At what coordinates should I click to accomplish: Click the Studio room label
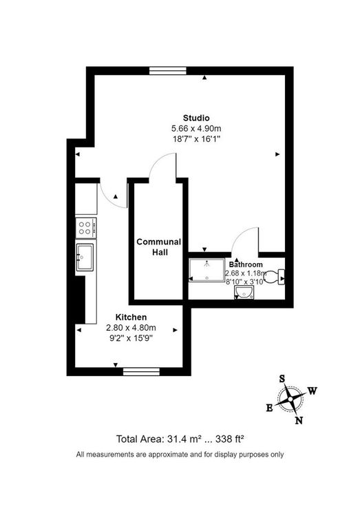click(195, 117)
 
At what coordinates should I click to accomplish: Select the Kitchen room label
click(131, 317)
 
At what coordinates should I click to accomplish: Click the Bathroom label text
click(246, 264)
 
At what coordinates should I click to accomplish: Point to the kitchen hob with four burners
click(87, 225)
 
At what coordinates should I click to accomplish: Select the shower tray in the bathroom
click(206, 271)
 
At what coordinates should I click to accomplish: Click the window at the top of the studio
click(167, 70)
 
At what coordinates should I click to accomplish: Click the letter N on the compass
click(299, 421)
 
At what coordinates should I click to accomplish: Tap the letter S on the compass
click(282, 378)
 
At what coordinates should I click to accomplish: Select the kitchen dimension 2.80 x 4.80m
click(131, 327)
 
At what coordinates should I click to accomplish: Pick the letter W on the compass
click(312, 391)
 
